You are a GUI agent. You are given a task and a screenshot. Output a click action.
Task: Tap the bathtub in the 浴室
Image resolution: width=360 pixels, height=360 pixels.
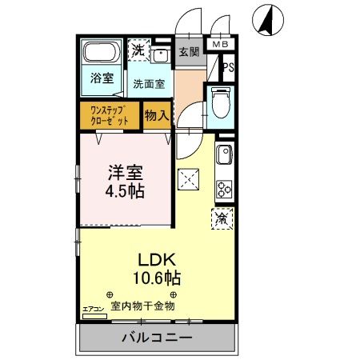(x=102, y=56)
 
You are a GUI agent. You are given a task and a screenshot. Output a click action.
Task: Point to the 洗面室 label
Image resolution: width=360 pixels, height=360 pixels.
(x=149, y=82)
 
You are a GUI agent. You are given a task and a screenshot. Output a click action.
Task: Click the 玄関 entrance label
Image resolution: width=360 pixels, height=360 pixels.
(x=190, y=54)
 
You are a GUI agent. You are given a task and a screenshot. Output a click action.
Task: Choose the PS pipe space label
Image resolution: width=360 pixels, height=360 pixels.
(x=229, y=68)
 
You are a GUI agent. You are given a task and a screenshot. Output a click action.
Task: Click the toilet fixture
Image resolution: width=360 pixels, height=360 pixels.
(x=219, y=102)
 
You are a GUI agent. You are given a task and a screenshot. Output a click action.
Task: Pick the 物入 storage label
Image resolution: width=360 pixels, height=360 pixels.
(x=157, y=114)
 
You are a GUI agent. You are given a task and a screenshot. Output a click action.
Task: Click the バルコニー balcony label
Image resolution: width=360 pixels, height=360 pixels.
(x=157, y=338)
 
